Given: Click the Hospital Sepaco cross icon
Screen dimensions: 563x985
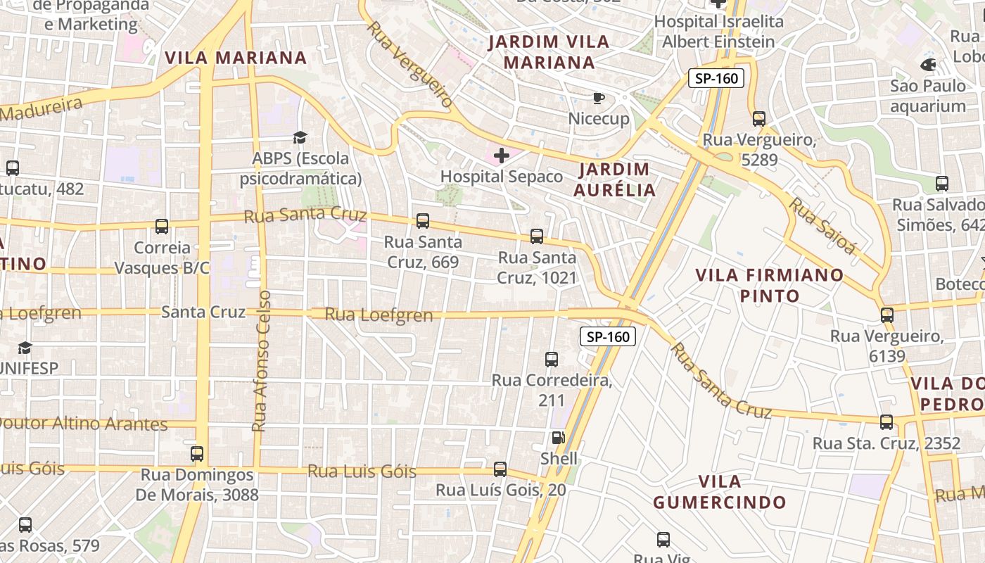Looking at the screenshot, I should [502, 155].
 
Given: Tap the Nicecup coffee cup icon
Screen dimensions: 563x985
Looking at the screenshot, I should [599, 98].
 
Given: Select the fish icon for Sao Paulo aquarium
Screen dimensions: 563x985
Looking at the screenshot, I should [928, 65].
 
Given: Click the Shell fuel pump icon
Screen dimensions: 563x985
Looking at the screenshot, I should [558, 438].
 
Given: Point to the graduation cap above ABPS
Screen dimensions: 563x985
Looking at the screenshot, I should [300, 137].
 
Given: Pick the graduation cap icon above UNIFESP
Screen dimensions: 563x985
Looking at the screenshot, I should [25, 348].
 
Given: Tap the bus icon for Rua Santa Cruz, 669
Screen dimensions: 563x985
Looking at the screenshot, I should [422, 221].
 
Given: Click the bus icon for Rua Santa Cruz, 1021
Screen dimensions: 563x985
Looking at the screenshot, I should [537, 236].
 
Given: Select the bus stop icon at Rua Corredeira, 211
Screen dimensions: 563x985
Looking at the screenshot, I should [552, 360].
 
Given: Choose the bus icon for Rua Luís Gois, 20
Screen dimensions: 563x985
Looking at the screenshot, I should [500, 469].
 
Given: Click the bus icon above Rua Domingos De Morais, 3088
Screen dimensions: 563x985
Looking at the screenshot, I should [197, 454].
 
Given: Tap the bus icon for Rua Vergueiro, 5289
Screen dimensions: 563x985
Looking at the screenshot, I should [759, 119].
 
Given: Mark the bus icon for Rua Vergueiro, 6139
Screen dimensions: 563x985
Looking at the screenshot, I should [887, 315].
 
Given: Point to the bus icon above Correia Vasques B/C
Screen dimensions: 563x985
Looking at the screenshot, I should [162, 227].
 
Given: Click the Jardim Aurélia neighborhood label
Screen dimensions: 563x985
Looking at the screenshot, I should [614, 179].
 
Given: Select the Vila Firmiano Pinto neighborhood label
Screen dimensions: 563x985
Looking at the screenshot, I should [770, 285].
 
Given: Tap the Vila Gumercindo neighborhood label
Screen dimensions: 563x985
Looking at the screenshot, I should [720, 492].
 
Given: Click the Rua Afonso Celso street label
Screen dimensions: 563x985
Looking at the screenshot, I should [260, 361].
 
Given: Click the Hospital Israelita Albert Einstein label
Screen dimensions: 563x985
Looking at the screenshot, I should [718, 32].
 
